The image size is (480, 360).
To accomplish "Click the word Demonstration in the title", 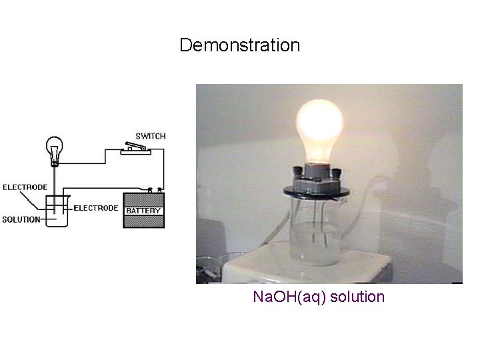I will (240, 46).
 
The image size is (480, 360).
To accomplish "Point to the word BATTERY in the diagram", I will (143, 211).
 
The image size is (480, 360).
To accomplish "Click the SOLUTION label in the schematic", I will (21, 219).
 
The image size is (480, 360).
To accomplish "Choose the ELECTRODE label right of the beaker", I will (96, 208).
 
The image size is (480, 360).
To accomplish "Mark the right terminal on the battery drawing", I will (160, 189).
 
